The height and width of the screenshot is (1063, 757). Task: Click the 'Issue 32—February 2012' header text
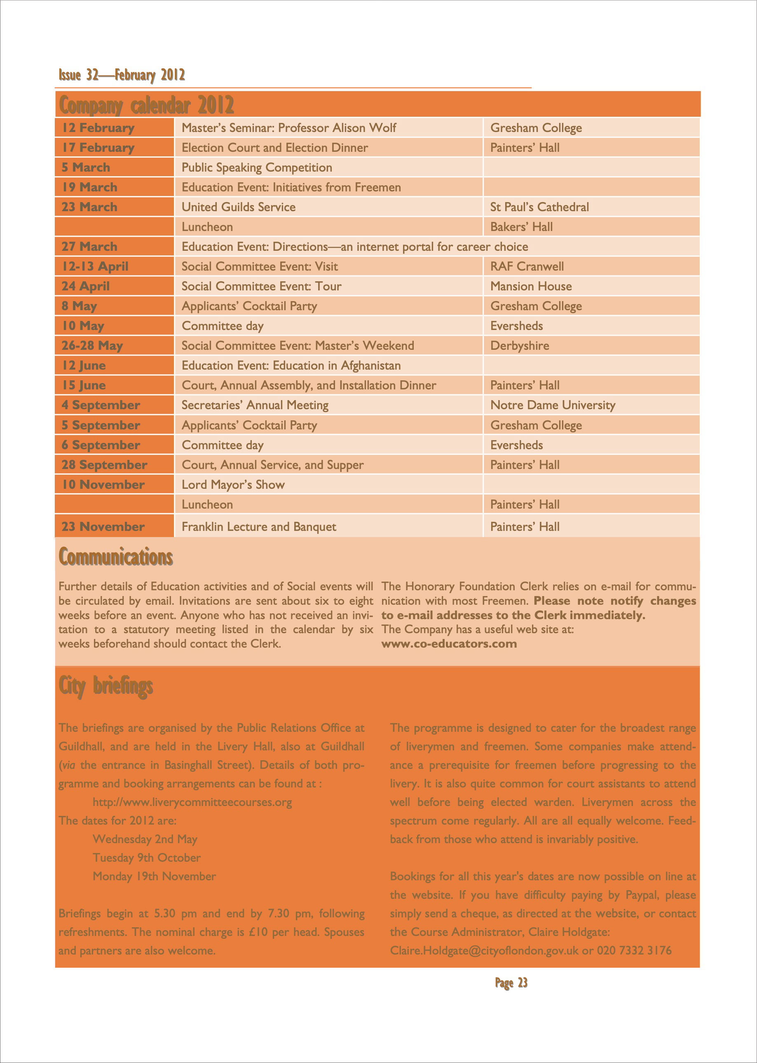(122, 75)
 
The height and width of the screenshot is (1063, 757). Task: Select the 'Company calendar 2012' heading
(146, 105)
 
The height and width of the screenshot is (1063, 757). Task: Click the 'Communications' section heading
(116, 557)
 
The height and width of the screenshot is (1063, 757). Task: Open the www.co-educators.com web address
(449, 644)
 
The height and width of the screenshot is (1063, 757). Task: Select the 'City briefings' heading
(106, 686)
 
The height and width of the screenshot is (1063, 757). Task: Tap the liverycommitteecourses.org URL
(192, 802)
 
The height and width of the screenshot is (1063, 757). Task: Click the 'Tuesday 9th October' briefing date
(147, 858)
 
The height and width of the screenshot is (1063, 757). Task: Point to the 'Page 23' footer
(511, 983)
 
